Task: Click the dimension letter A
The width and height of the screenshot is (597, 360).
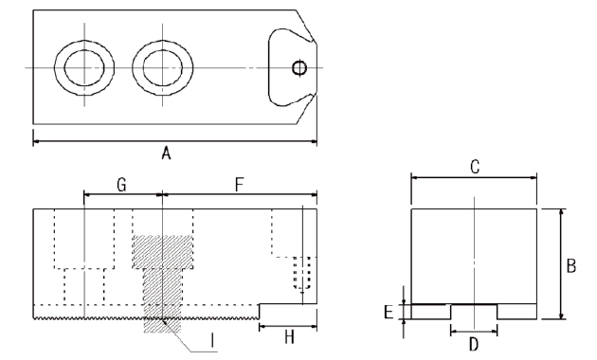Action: (166, 153)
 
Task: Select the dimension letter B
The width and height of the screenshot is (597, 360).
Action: (571, 265)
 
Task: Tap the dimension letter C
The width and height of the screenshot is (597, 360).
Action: (475, 167)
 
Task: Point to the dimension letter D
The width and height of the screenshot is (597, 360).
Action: (474, 345)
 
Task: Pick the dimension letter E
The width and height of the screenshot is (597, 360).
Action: (389, 312)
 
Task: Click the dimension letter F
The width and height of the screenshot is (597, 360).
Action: (239, 185)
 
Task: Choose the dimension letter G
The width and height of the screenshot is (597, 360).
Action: (121, 185)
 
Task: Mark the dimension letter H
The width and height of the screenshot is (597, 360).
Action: (289, 336)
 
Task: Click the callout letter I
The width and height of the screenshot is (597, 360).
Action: (212, 341)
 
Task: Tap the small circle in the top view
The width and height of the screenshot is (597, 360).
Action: (299, 68)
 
